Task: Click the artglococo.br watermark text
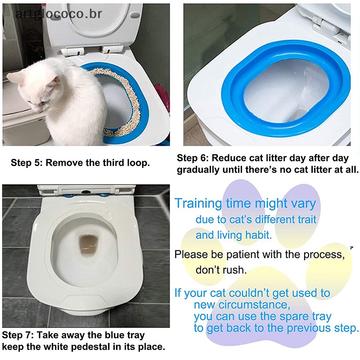click(x=58, y=13)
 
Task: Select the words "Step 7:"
click(x=18, y=336)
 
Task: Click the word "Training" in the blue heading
click(x=198, y=203)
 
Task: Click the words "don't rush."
click(x=221, y=270)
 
